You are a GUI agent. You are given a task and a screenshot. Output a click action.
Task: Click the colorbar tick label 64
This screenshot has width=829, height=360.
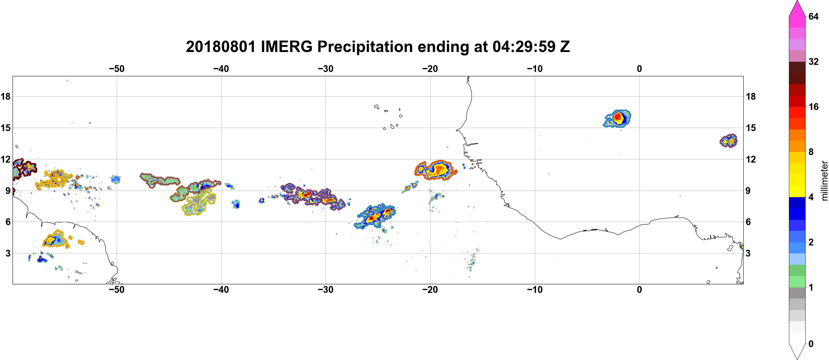(814, 16)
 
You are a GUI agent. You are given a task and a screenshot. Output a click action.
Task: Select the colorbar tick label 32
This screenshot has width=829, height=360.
(814, 61)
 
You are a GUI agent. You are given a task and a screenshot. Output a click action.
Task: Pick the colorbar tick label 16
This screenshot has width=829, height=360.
(814, 107)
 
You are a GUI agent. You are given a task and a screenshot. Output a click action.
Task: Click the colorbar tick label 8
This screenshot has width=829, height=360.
(811, 152)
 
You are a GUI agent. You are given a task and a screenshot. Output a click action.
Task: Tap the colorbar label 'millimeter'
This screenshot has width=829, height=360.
(824, 181)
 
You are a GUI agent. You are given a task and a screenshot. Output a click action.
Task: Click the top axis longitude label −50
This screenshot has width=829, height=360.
(116, 69)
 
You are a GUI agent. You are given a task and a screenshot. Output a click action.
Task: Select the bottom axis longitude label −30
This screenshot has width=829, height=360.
(326, 289)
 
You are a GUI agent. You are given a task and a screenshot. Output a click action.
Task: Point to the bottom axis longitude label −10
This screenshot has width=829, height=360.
(535, 289)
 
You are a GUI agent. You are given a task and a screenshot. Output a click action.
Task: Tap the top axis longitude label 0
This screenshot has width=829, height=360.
(639, 69)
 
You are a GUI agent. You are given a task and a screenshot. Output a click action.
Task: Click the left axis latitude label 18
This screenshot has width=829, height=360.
(5, 96)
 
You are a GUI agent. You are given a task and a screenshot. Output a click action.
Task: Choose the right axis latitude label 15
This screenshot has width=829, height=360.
(751, 128)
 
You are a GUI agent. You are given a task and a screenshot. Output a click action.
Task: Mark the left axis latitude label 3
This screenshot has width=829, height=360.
(8, 253)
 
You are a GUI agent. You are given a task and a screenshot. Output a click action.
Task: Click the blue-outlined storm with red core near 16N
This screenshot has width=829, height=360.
(617, 118)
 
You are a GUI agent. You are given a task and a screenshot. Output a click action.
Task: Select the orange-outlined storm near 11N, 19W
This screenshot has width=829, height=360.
(435, 170)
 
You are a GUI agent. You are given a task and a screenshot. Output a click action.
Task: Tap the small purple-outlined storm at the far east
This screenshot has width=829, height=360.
(729, 141)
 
